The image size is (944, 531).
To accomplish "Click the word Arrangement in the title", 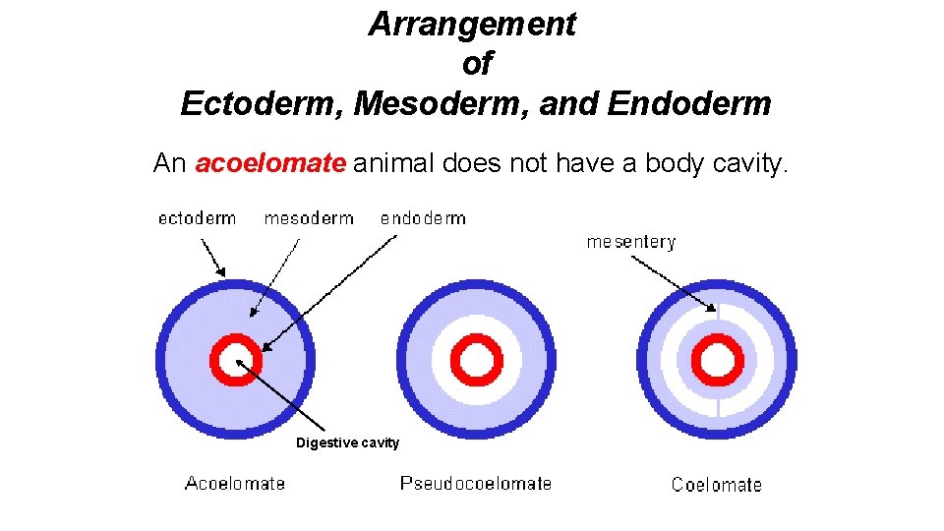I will (x=472, y=25).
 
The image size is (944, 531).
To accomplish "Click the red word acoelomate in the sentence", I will (x=270, y=163).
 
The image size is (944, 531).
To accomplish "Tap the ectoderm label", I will (x=197, y=218).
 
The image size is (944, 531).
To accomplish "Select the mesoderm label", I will (x=309, y=218).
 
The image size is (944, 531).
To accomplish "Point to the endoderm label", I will (x=423, y=218).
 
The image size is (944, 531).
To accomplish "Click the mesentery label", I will (x=631, y=241).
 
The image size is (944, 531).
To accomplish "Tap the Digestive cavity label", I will (x=348, y=443).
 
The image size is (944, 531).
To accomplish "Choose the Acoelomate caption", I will (x=235, y=483).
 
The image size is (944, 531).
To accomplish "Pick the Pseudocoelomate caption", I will (x=476, y=483).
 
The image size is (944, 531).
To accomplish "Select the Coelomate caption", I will (x=716, y=484).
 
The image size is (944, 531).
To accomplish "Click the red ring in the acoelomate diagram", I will (x=236, y=342).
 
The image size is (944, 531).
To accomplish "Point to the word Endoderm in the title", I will (x=689, y=103).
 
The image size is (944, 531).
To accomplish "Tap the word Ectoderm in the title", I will (x=259, y=103).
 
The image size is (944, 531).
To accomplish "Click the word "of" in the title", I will (x=476, y=64).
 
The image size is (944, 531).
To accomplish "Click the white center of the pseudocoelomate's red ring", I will (x=477, y=361).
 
